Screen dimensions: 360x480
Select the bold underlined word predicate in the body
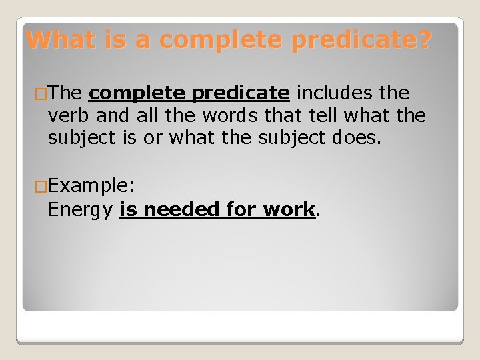(241, 93)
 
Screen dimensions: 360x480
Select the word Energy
(81, 210)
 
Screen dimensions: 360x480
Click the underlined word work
(288, 209)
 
